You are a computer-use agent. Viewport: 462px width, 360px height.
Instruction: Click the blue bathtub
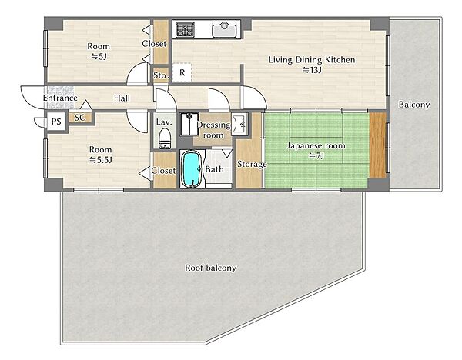pyautogui.click(x=191, y=169)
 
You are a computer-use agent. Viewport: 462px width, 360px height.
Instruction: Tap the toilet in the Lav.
pyautogui.click(x=165, y=138)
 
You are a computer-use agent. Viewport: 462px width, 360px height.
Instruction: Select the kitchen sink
pyautogui.click(x=224, y=29)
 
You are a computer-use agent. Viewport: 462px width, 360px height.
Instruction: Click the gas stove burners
pyautogui.click(x=185, y=29)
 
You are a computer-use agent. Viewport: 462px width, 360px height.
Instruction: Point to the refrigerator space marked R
pyautogui.click(x=182, y=72)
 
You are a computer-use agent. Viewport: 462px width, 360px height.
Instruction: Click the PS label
pyautogui.click(x=56, y=122)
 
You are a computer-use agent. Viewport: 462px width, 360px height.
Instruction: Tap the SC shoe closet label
pyautogui.click(x=79, y=118)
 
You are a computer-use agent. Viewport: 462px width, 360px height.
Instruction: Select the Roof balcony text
pyautogui.click(x=210, y=268)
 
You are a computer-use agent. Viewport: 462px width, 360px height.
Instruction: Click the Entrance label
pyautogui.click(x=60, y=98)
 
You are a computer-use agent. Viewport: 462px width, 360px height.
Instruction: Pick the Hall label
pyautogui.click(x=122, y=98)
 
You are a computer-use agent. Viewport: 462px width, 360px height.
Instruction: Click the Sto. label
pyautogui.click(x=161, y=75)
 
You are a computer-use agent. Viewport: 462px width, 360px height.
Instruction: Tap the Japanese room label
pyautogui.click(x=316, y=145)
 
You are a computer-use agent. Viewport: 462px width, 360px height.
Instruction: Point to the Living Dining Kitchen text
pyautogui.click(x=312, y=60)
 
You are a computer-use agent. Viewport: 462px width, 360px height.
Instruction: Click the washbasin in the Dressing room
pyautogui.click(x=239, y=124)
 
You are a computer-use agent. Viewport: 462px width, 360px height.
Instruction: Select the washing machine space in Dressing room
pyautogui.click(x=189, y=124)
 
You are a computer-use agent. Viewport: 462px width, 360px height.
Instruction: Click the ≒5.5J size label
pyautogui.click(x=100, y=160)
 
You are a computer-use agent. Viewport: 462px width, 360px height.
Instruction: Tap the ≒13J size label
pyautogui.click(x=312, y=70)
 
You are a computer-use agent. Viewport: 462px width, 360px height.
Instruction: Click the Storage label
pyautogui.click(x=252, y=164)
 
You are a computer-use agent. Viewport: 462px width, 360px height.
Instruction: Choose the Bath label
pyautogui.click(x=214, y=169)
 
